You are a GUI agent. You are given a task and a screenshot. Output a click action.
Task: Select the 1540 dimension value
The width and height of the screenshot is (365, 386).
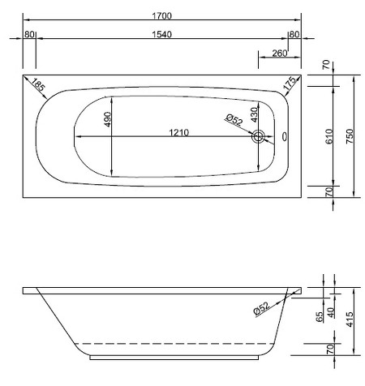pos(163,35)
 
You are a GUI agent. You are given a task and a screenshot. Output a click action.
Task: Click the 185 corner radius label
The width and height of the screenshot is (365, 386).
pos(38,84)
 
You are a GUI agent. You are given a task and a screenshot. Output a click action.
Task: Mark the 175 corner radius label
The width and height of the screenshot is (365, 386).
pos(289,84)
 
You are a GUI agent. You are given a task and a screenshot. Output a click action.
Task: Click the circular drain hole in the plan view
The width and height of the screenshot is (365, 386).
pos(259,137)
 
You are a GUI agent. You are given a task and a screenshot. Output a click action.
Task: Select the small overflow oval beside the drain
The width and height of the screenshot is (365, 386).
pos(285,137)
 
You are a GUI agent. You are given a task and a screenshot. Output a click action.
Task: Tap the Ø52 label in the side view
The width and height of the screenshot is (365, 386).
pos(260,308)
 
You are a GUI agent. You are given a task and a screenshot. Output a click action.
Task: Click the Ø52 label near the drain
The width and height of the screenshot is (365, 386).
pos(234,121)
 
